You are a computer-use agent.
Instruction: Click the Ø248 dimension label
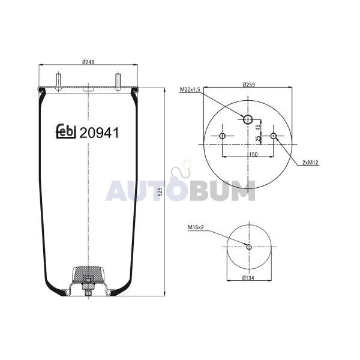(x=88, y=62)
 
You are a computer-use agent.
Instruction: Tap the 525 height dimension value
(x=160, y=192)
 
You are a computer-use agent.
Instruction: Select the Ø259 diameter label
(x=248, y=85)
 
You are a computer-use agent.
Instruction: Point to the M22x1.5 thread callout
(x=190, y=89)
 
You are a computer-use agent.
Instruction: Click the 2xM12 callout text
(x=310, y=163)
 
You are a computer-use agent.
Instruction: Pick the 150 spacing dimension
(x=253, y=154)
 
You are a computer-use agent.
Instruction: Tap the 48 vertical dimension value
(x=257, y=127)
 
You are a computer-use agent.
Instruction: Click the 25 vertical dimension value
(x=257, y=138)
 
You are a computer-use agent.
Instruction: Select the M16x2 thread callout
(x=196, y=227)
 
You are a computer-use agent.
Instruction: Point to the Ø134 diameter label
(x=248, y=278)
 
